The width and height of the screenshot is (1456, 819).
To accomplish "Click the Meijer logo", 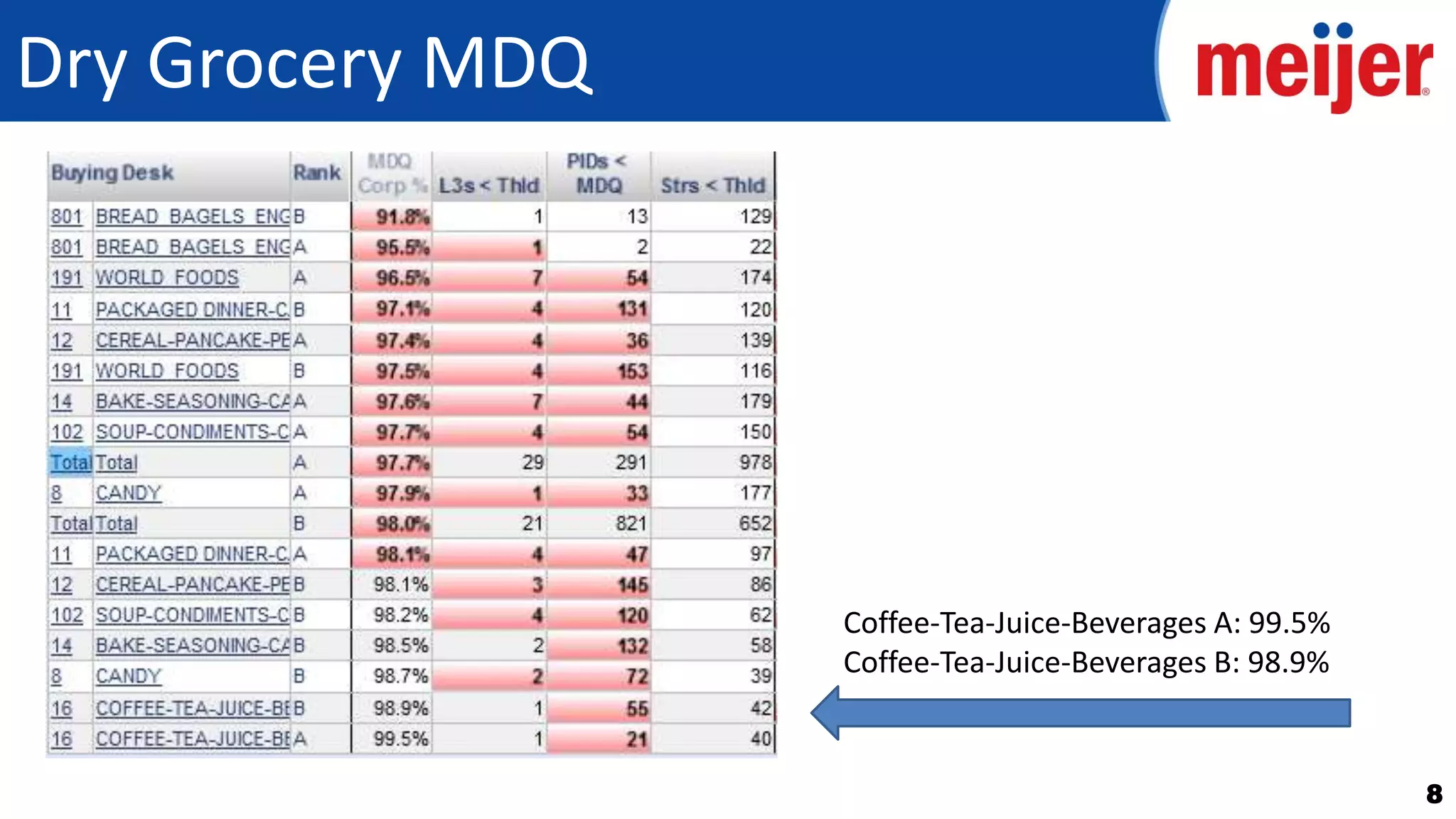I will (1314, 68).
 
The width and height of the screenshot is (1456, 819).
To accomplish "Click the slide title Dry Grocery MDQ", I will (304, 64).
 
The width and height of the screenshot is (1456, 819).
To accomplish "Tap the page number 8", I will (1433, 793).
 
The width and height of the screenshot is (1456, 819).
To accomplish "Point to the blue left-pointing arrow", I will (1081, 712).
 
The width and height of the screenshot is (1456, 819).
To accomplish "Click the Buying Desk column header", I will (112, 173).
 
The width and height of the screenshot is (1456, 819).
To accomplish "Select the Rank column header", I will (316, 173).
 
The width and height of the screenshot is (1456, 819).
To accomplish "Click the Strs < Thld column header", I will (712, 186).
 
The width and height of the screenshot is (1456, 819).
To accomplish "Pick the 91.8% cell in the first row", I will (402, 217).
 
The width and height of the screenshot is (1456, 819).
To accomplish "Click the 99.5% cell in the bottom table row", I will (401, 739).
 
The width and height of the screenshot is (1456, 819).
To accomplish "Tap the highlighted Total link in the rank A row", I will (70, 463).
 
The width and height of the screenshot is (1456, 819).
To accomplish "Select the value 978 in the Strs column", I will (754, 463).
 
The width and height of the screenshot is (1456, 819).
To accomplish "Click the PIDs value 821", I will (631, 524).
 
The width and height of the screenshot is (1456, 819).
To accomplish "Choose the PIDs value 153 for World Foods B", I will (631, 371).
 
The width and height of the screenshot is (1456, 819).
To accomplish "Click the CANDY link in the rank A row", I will (129, 493).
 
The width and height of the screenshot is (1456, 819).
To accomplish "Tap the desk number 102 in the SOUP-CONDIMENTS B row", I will (67, 615).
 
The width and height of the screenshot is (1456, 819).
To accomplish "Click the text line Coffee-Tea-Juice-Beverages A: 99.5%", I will (1086, 623).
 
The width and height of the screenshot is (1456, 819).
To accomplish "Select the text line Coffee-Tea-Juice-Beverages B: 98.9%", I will (1086, 663).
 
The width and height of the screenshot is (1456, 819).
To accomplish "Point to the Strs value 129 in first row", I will (755, 216).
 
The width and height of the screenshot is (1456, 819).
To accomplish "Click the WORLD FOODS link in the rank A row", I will (167, 277).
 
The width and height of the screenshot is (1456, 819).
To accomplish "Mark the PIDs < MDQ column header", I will (598, 173).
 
